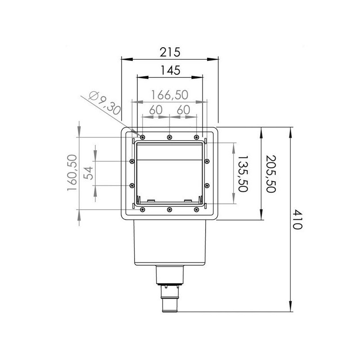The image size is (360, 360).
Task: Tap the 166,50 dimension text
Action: (169, 95)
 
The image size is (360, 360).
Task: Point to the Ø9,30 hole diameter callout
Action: (105, 102)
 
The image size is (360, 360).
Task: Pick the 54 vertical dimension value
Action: (90, 173)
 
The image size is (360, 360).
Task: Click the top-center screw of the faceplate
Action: (169, 137)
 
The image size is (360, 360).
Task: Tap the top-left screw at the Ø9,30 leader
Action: (142, 137)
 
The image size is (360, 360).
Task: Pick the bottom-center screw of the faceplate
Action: (169, 209)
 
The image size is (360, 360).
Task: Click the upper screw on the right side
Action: (207, 161)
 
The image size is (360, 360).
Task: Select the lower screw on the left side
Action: (131, 184)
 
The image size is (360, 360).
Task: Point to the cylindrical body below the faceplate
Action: (170, 243)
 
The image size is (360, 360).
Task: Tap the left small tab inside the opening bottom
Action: (151, 200)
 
